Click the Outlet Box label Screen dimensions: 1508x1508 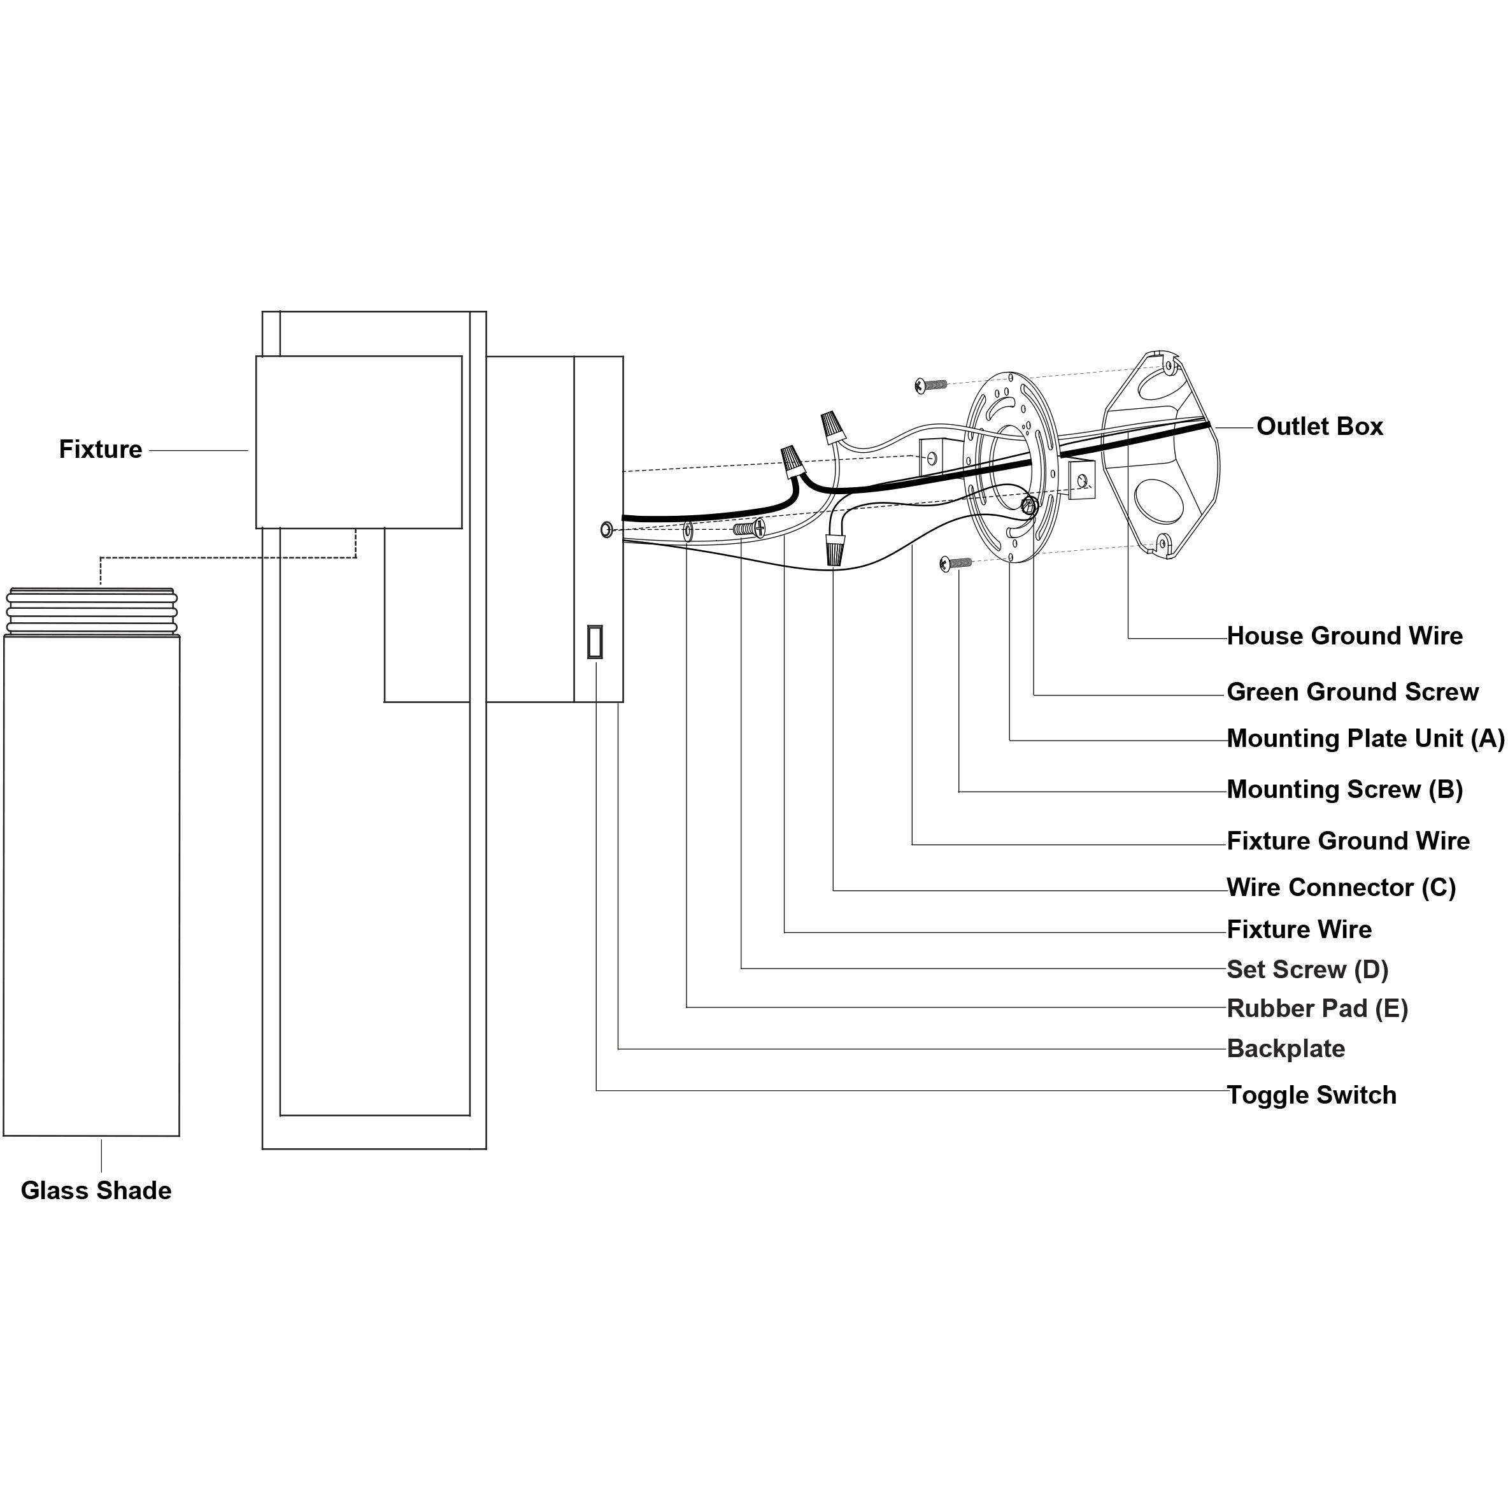coord(1319,426)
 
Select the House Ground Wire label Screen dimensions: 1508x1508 coord(1345,636)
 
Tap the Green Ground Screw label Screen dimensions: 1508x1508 coord(1353,692)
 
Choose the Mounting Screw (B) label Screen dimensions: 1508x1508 coord(1345,789)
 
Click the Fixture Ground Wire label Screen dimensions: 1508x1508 coord(1348,841)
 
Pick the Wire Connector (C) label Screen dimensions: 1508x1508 coord(1341,888)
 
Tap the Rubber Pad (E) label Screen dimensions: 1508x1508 coord(1318,1009)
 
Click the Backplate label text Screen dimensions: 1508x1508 coord(1286,1048)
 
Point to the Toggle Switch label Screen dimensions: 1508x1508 coord(1311,1095)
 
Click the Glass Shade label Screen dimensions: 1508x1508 coord(96,1190)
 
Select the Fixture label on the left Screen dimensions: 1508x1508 coord(101,449)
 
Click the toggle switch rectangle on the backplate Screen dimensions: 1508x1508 coord(595,642)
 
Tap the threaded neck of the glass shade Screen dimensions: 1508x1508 coord(91,611)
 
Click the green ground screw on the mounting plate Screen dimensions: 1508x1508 coord(1028,506)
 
